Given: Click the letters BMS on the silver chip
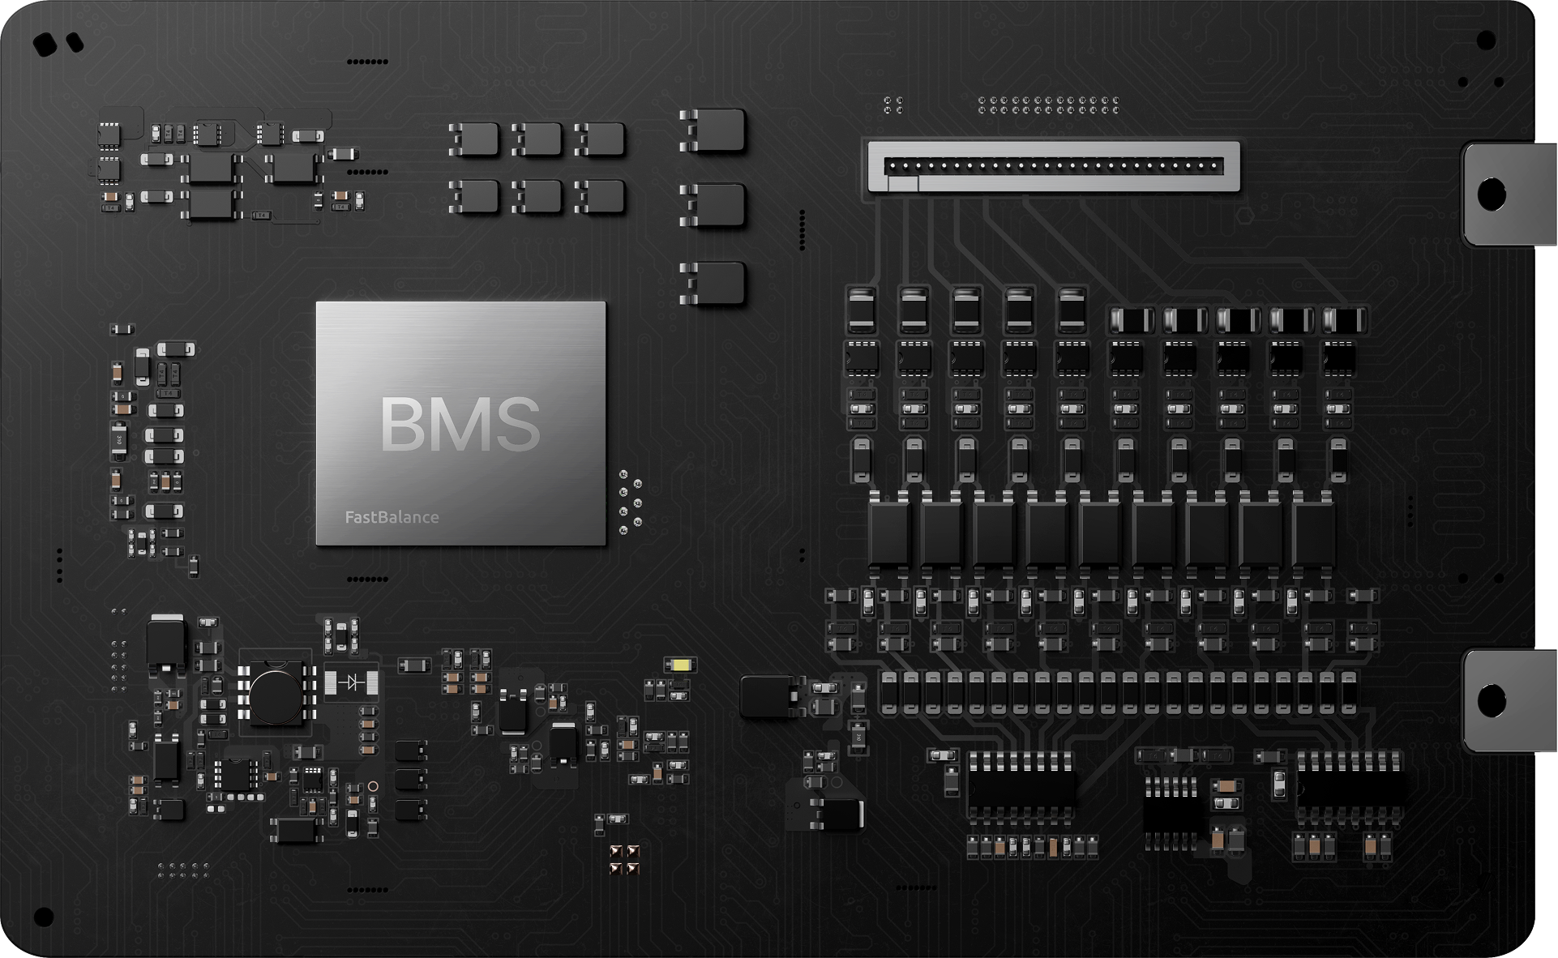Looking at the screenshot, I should coord(460,424).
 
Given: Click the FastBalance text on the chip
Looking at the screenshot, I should coord(392,517).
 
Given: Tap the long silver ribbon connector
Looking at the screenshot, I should coord(1053,167).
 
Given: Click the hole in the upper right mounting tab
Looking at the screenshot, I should coord(1492,195).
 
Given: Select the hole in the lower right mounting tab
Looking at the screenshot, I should coord(1492,700).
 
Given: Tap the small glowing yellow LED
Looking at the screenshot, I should coord(680,665).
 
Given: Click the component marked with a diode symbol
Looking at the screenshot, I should coord(351,682).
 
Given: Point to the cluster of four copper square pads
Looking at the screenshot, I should coord(624,859).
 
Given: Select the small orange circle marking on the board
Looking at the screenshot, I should coord(373,786).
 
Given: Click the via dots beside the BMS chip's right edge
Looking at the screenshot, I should coord(630,503).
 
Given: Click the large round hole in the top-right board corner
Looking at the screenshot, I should coord(1486,40).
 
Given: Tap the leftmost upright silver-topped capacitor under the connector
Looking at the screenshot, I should coord(861,310).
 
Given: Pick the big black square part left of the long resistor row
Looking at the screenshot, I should coord(766,696).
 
